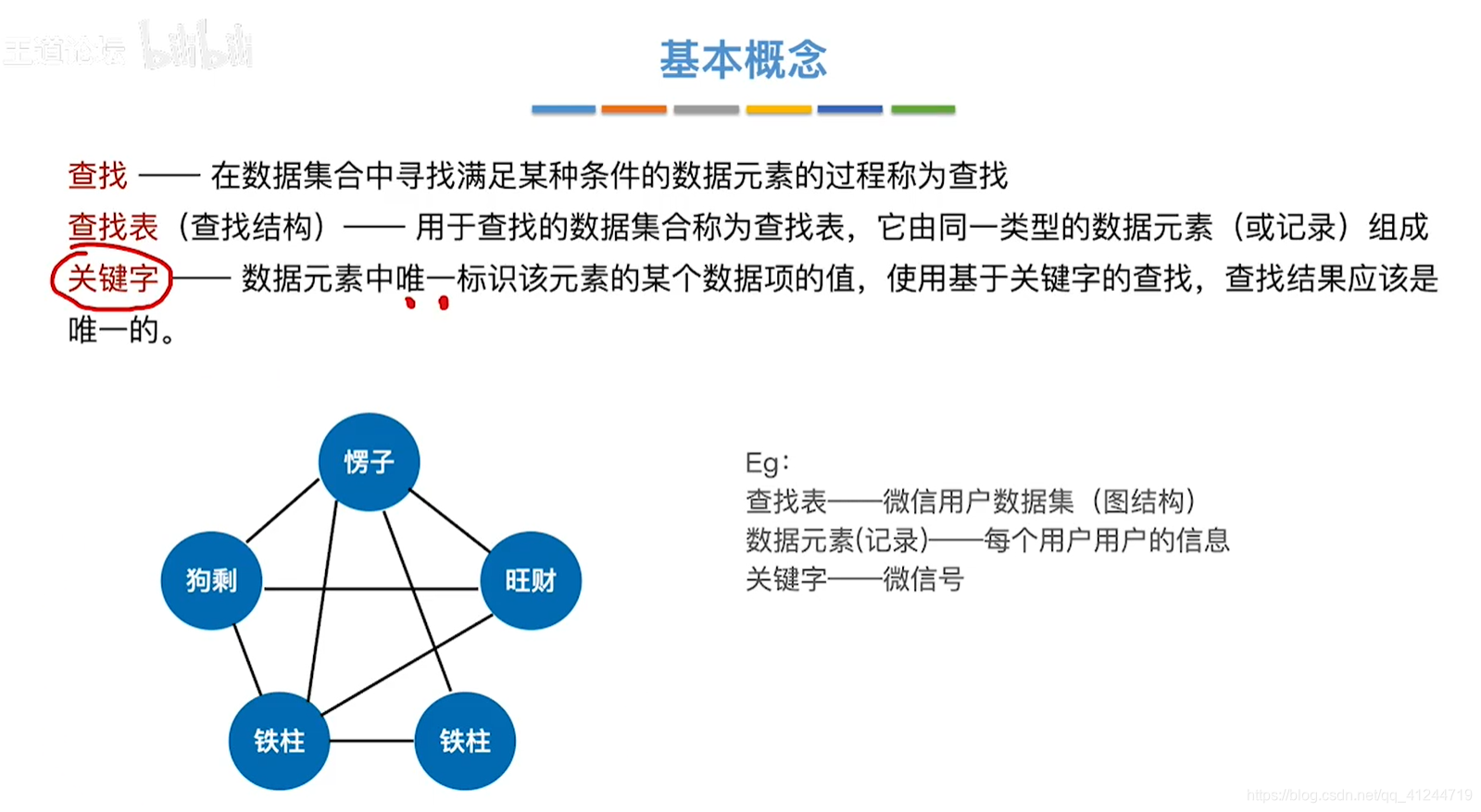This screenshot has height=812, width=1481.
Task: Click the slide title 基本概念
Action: [x=743, y=59]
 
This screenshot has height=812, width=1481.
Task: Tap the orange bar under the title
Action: [x=634, y=109]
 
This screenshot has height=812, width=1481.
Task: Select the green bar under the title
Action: [x=923, y=109]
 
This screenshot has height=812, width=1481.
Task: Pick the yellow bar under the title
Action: [x=779, y=109]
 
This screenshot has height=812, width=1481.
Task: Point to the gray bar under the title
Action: [x=706, y=109]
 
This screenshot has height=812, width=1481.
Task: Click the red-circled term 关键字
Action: [x=113, y=278]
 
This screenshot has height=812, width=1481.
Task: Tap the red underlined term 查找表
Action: [x=113, y=227]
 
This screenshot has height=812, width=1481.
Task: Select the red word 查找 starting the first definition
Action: [x=98, y=177]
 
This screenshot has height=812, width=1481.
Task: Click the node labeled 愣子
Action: [x=369, y=462]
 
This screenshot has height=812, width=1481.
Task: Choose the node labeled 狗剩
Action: [x=211, y=581]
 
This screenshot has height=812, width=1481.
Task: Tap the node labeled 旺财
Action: [x=531, y=581]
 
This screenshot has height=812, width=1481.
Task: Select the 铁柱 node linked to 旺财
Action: [x=279, y=741]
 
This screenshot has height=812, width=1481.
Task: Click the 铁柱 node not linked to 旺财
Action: [x=465, y=741]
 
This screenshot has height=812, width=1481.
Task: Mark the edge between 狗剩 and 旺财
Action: [x=370, y=588]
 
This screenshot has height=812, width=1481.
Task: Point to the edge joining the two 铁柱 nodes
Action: [x=372, y=741]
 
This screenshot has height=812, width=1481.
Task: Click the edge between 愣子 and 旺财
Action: [x=450, y=520]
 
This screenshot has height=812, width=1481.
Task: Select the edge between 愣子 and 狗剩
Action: [x=283, y=511]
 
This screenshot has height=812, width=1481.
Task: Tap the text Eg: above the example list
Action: [x=768, y=463]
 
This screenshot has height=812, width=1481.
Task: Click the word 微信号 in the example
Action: [x=923, y=580]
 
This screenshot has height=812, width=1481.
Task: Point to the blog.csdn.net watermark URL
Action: [x=1360, y=794]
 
